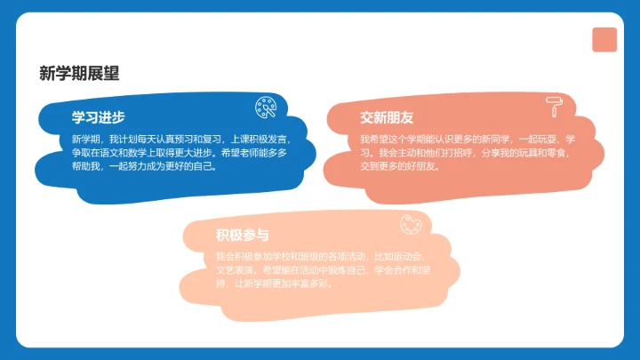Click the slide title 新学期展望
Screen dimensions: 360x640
click(x=79, y=74)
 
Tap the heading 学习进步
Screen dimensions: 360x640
click(x=98, y=118)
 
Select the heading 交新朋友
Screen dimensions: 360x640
click(x=387, y=118)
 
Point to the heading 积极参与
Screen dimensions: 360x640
click(x=242, y=235)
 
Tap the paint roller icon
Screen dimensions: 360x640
click(x=555, y=108)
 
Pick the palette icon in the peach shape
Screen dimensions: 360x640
click(x=411, y=226)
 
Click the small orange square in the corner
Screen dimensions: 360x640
click(x=604, y=39)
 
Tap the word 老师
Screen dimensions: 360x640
click(x=250, y=153)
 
